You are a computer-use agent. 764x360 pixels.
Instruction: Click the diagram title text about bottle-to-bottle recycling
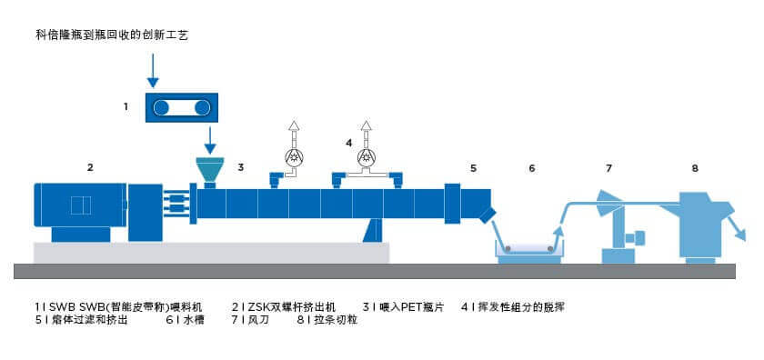[x=112, y=35]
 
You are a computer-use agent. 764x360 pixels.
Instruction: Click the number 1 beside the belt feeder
[x=126, y=106]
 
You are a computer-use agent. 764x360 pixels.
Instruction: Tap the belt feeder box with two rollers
[x=181, y=107]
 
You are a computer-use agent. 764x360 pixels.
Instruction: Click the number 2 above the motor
[x=90, y=167]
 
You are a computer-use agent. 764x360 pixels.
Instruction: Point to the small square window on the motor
[x=81, y=205]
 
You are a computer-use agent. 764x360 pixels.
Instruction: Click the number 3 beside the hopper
[x=240, y=167]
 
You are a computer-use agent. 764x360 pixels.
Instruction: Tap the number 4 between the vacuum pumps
[x=348, y=143]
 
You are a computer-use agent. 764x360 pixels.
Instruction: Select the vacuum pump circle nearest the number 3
[x=293, y=156]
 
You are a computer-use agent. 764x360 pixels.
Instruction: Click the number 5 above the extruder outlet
[x=473, y=168]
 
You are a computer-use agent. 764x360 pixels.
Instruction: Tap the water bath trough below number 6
[x=529, y=252]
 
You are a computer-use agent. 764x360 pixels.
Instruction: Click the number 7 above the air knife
[x=608, y=168]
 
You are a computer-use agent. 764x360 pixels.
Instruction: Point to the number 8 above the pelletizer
[x=695, y=168]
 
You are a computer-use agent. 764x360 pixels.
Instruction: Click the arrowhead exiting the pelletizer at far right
[x=740, y=235]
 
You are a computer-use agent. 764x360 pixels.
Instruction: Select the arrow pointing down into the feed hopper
[x=209, y=140]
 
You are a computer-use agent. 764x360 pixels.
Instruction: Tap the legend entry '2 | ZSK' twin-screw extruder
[x=284, y=307]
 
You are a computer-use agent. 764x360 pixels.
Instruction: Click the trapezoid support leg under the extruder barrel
[x=373, y=230]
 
